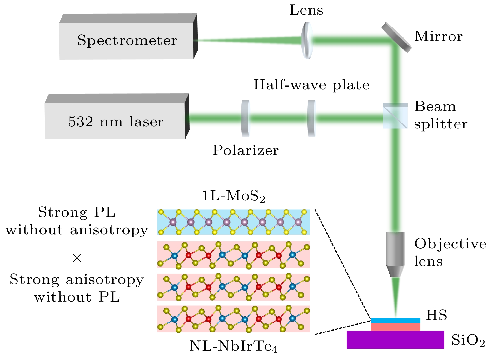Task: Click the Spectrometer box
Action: click(127, 41)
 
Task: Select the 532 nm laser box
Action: click(116, 121)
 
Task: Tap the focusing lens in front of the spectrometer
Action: click(307, 40)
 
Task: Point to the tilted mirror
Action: click(396, 37)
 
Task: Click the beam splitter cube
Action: click(395, 116)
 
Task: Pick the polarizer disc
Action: click(246, 118)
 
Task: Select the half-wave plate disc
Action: click(311, 118)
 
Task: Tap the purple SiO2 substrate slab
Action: click(395, 340)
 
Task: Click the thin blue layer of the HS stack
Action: click(395, 321)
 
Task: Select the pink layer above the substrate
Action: click(395, 327)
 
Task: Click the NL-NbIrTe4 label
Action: click(233, 346)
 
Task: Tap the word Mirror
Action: click(438, 37)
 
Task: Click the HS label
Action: click(436, 315)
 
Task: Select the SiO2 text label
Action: click(468, 340)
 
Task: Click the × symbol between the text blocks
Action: click(77, 258)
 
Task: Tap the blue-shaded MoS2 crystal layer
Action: click(233, 222)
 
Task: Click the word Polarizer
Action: click(246, 150)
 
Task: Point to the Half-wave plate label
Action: click(311, 85)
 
